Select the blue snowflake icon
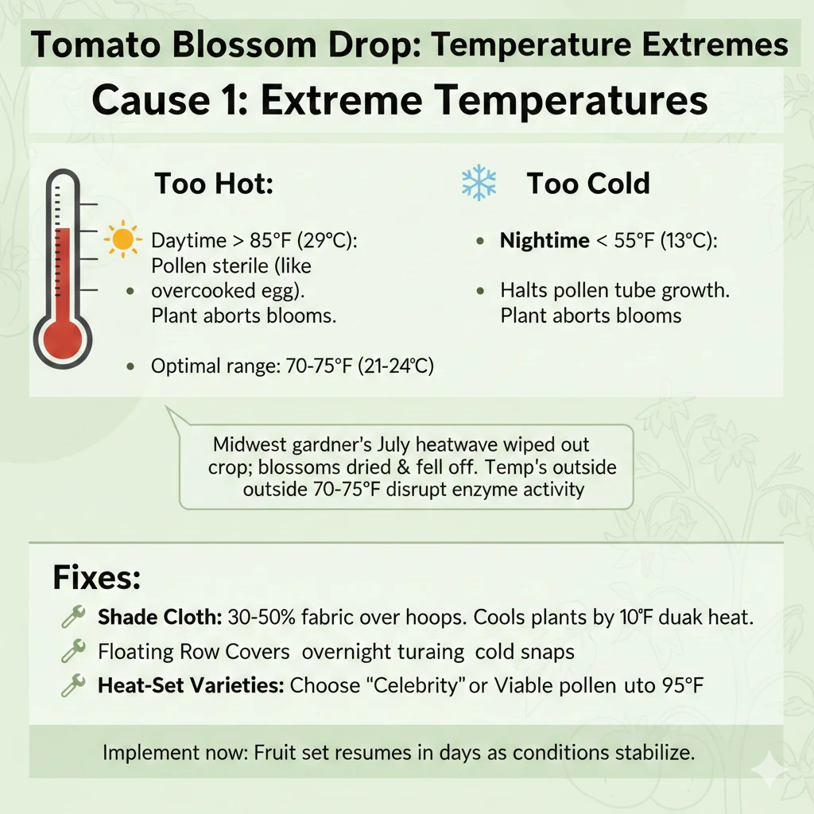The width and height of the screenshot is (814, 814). coord(479,184)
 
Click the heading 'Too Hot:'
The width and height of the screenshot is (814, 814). coord(213,184)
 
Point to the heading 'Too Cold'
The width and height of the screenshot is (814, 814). coord(587,184)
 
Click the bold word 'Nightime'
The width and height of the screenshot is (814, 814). coord(545,241)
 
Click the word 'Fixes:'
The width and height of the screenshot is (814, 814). coord(96,577)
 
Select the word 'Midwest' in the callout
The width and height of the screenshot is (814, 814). coord(250,444)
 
